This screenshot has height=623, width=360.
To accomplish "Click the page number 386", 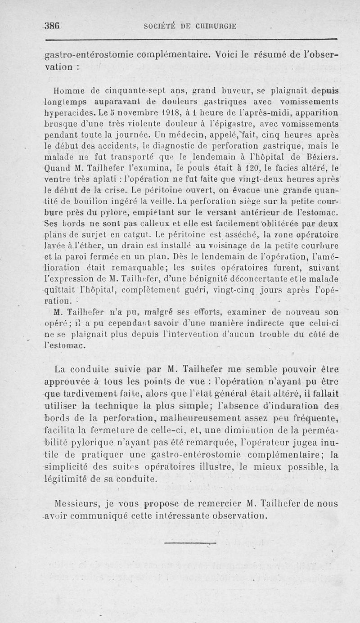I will click(53, 26).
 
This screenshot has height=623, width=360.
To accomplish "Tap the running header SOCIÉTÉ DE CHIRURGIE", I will click(190, 27).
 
